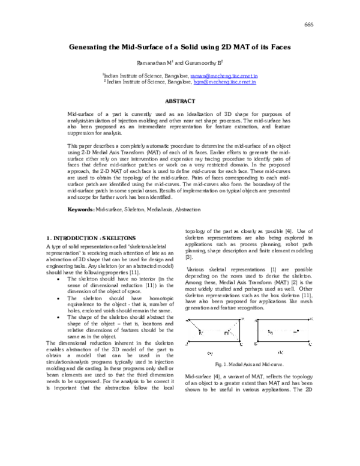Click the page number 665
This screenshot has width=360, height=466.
310,24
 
